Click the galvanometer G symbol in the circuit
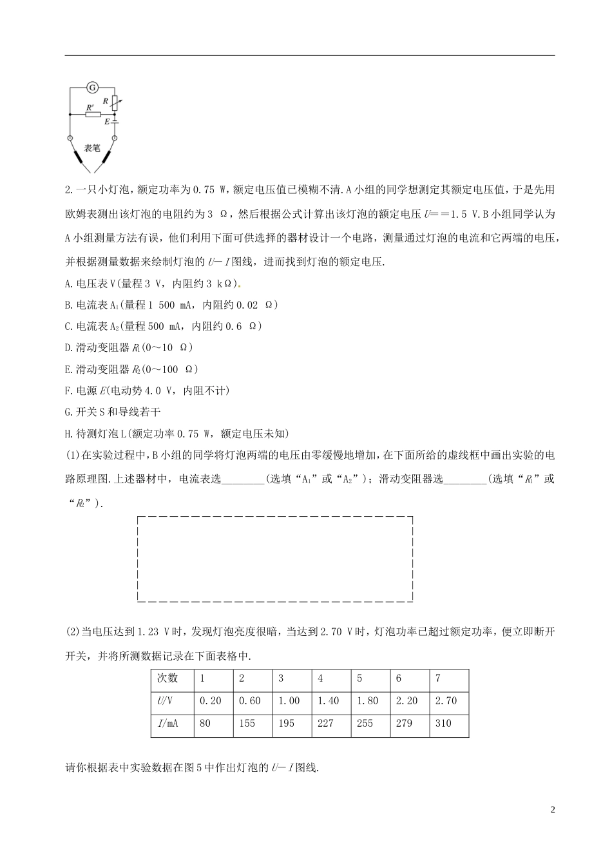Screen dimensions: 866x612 (91, 86)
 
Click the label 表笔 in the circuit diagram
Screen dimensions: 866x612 (92, 148)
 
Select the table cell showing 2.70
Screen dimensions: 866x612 (446, 701)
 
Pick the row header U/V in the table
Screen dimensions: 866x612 (166, 701)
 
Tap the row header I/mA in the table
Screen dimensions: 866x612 (167, 724)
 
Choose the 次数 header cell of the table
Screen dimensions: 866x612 (167, 678)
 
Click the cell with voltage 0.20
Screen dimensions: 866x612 (211, 701)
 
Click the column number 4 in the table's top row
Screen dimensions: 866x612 (321, 678)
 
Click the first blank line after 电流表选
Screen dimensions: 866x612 (243, 479)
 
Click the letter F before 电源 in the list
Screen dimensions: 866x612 (69, 390)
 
